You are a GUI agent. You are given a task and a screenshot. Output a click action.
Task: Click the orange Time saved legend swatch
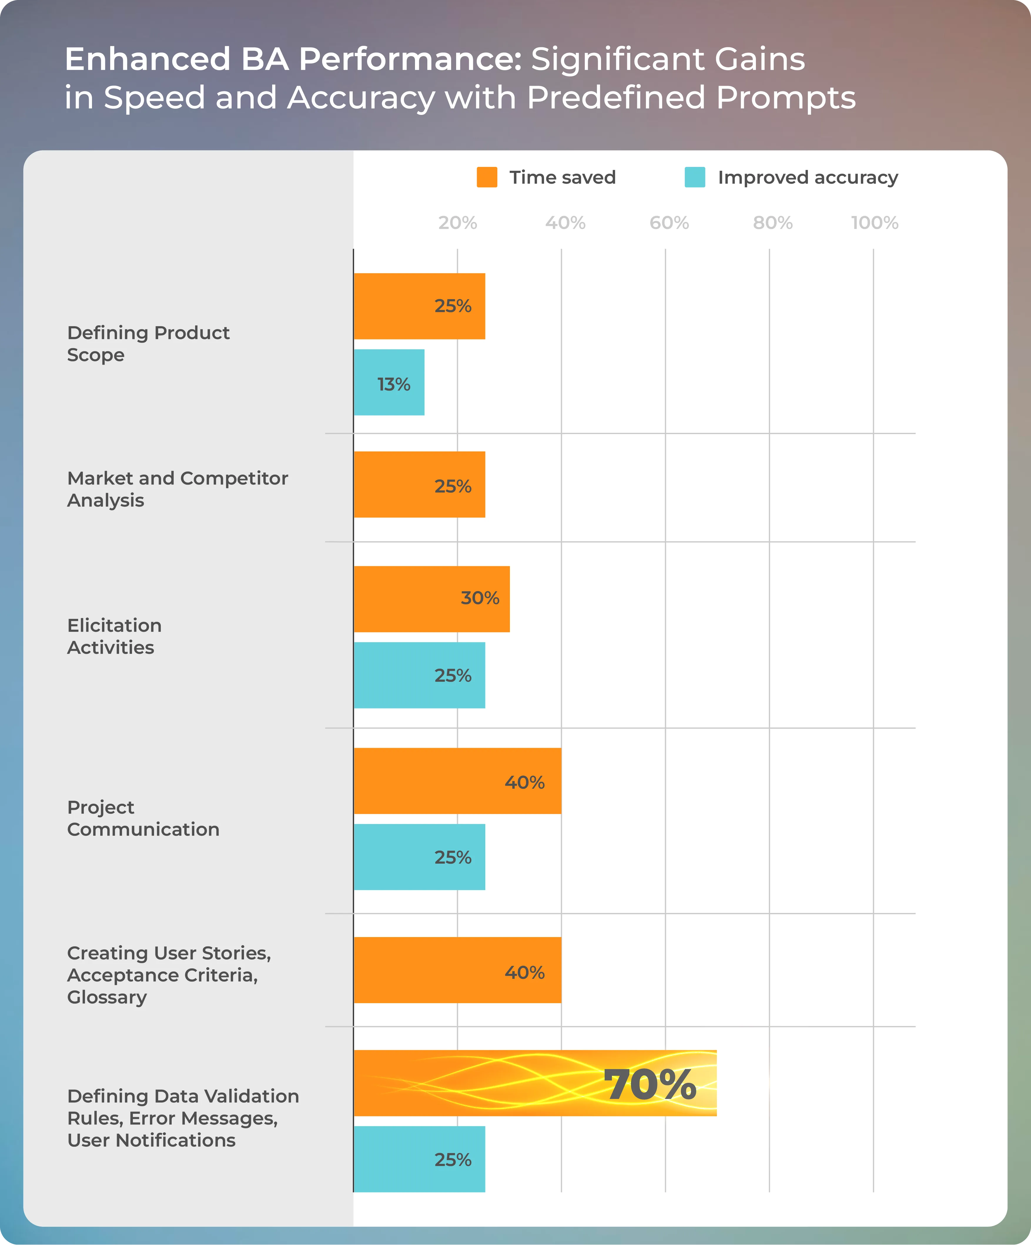[487, 177]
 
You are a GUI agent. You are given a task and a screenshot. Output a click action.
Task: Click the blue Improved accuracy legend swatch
[695, 177]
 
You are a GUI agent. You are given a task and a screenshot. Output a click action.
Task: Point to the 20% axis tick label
[458, 223]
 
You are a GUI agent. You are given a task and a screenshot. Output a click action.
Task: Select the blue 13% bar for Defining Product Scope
[389, 382]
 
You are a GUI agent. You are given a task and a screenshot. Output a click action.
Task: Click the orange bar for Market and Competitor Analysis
[419, 484]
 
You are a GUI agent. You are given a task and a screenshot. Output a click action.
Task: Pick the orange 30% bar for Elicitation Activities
[432, 599]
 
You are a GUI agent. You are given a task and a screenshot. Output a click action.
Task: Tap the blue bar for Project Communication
[419, 857]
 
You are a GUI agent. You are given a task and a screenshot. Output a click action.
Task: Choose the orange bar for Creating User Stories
[457, 970]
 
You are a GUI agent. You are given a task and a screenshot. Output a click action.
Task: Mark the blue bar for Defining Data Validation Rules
[419, 1159]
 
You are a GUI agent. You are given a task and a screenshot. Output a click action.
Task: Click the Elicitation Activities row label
[114, 636]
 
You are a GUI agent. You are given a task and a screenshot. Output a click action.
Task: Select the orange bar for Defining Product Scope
[419, 306]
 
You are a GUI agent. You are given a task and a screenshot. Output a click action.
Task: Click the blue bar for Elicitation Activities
[419, 675]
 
